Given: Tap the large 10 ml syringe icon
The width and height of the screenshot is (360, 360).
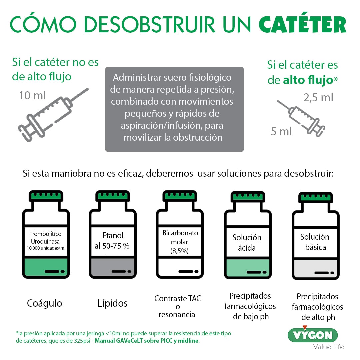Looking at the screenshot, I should (53, 111).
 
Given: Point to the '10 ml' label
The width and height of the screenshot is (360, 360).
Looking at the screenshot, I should (33, 96).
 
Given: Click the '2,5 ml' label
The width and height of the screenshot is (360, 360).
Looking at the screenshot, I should (318, 98).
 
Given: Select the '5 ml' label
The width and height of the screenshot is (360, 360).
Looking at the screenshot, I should (281, 132).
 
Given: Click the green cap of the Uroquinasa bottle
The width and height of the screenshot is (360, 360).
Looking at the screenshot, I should (46, 196).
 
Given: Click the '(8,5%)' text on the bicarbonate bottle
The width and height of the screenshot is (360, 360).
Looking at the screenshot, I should (180, 251).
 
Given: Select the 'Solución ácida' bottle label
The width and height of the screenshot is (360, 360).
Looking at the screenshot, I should (247, 243).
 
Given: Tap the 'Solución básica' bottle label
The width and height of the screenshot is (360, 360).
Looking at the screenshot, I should (315, 242).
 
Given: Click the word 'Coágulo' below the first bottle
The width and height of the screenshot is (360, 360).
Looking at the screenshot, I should (44, 303).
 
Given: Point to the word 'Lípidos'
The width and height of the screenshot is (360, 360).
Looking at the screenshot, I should (112, 303).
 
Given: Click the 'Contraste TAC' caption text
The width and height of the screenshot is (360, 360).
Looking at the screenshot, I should (178, 299).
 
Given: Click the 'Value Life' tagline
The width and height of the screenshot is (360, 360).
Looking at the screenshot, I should (328, 347).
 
